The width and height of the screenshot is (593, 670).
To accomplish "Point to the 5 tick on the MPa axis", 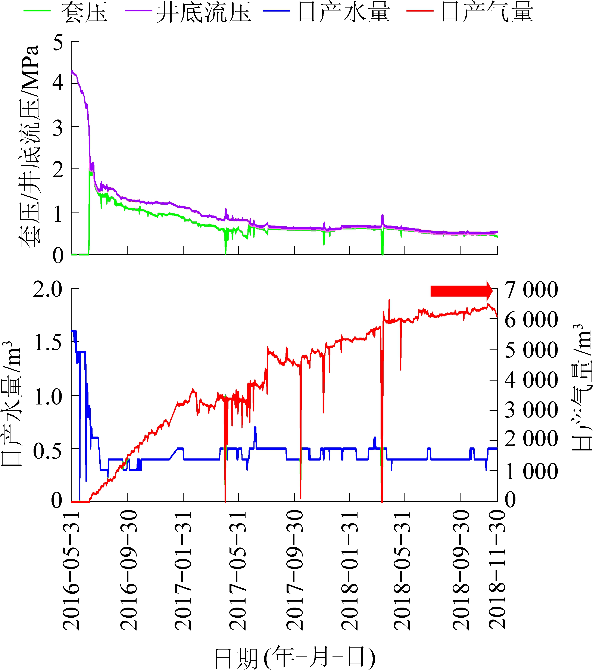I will tap(58, 42).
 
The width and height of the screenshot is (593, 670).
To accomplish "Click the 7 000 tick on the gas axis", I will tap(531, 290).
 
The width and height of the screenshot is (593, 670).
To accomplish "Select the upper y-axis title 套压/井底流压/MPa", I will tap(29, 146).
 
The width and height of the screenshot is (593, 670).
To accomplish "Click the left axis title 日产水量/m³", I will tap(12, 403).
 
